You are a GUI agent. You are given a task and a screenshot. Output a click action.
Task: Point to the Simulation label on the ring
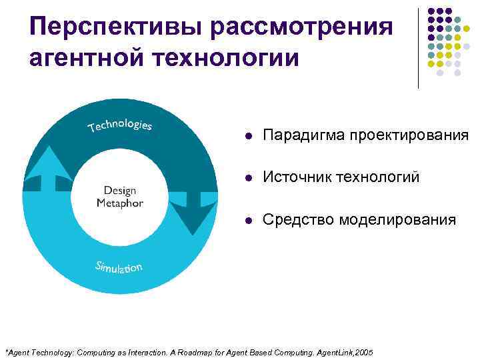[119, 268]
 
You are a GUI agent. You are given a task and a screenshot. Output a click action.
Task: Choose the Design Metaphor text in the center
[119, 197]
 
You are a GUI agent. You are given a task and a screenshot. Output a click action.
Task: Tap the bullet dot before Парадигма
[248, 136]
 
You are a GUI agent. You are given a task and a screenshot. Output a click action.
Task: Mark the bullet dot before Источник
[248, 178]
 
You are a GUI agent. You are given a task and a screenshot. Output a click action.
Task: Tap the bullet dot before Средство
[248, 220]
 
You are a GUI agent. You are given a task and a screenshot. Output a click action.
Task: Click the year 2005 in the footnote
[363, 351]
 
